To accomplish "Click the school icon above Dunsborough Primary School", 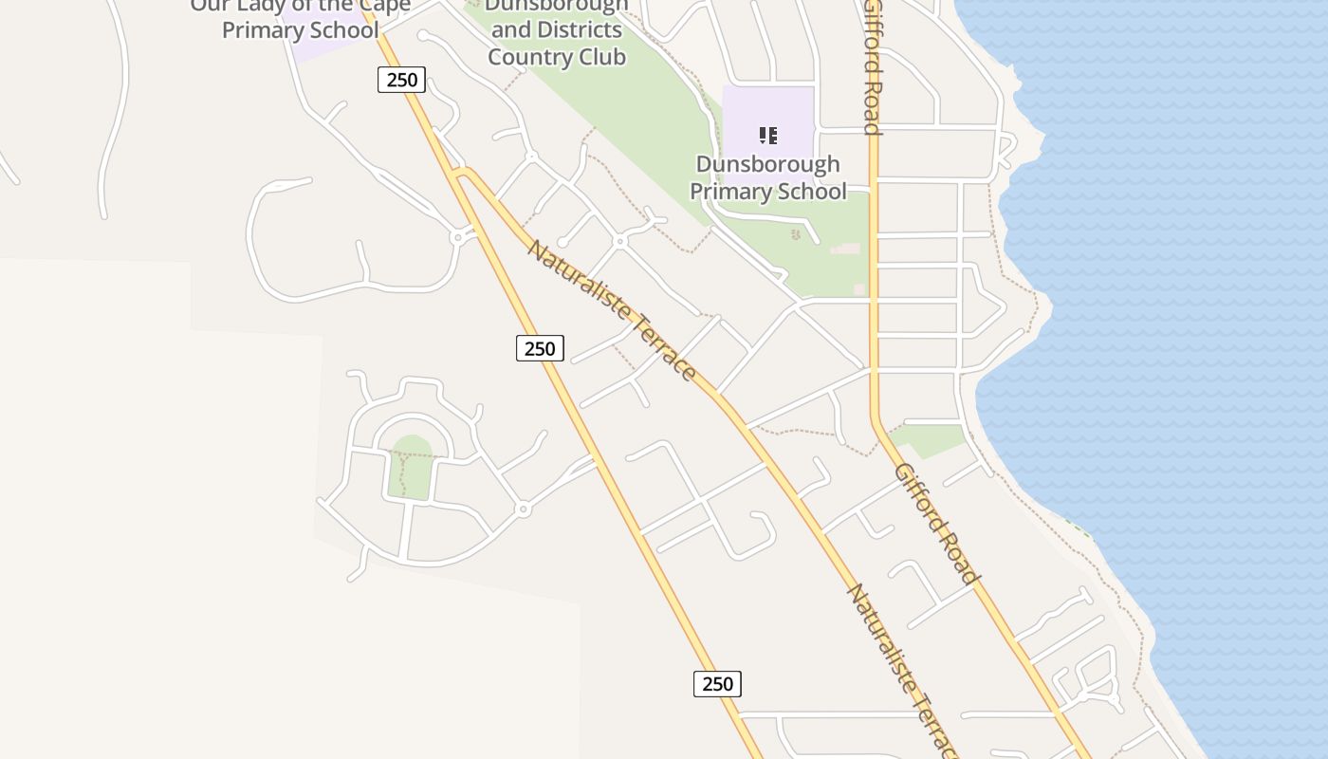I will (768, 136).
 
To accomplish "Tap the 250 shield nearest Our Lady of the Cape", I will (401, 80).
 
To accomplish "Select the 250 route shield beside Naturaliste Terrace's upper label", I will (540, 348).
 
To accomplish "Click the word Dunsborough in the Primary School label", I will (767, 164).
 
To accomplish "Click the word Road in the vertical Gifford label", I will (873, 109).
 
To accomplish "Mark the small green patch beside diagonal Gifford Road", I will (930, 438).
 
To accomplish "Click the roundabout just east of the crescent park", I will (523, 509).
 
